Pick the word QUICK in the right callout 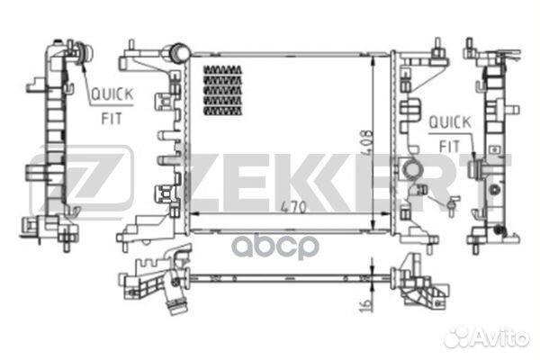[446, 121]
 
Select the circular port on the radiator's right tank [411, 168]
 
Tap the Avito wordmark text [500, 337]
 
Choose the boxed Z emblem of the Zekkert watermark [80, 184]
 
